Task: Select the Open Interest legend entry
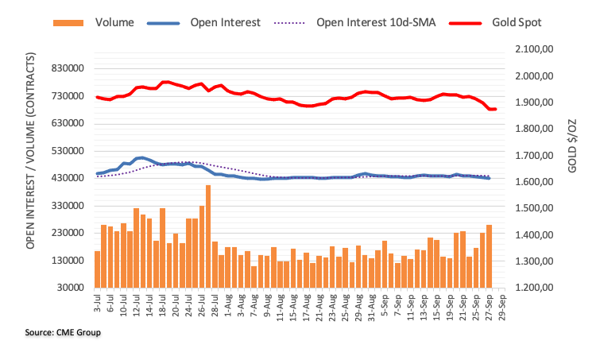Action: tap(225, 22)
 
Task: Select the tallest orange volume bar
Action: tap(208, 236)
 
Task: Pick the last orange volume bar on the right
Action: tap(489, 256)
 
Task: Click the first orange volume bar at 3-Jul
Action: tap(97, 269)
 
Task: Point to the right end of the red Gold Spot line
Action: tap(494, 109)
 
